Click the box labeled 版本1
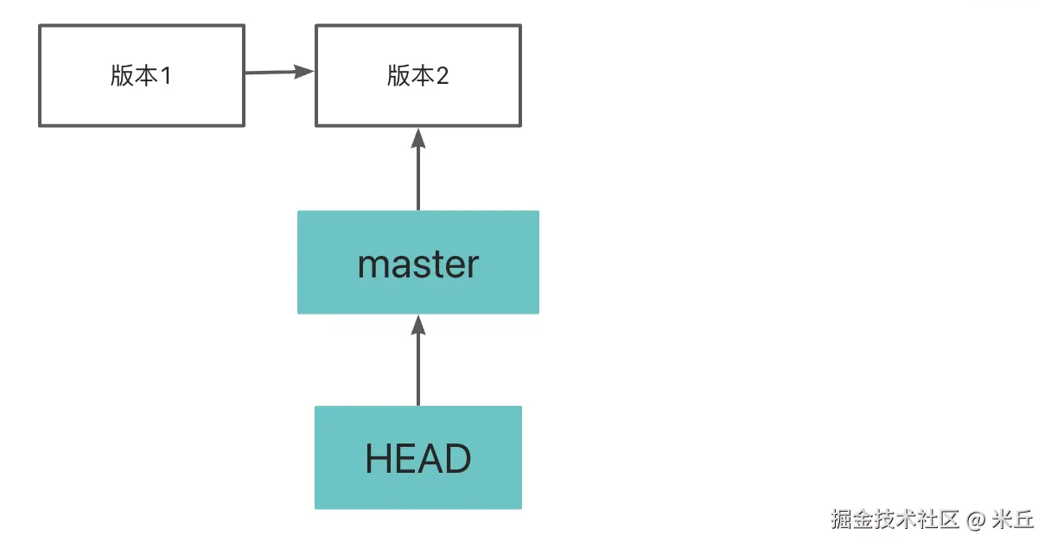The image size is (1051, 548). tap(142, 75)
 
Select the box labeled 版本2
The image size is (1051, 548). tap(418, 75)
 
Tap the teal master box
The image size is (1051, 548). tap(418, 262)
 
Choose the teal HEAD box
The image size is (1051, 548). tap(418, 457)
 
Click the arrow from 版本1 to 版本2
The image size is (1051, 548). tap(280, 73)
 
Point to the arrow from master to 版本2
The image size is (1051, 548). tap(418, 169)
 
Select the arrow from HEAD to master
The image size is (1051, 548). tap(418, 360)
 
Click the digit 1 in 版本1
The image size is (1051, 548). tap(166, 76)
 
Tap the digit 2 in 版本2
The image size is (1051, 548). tap(443, 76)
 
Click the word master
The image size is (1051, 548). tap(418, 265)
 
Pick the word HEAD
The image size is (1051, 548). tap(418, 458)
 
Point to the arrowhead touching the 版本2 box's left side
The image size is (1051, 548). tap(304, 72)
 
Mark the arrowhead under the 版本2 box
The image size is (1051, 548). tap(418, 138)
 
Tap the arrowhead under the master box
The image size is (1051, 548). tap(418, 325)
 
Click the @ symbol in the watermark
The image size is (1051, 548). tap(976, 519)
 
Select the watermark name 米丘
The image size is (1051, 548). tap(1012, 519)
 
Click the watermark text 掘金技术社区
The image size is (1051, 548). tap(895, 519)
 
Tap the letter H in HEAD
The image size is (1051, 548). tap(378, 458)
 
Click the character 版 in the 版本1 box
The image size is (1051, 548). tap(122, 75)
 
